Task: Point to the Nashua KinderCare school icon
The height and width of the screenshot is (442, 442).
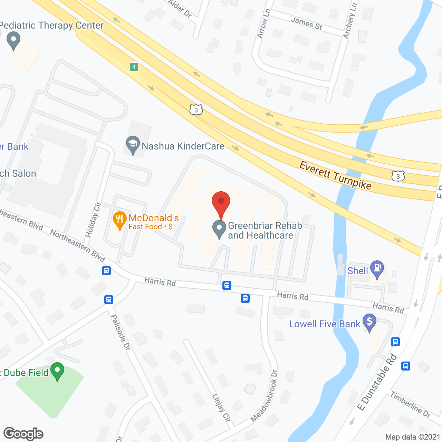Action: (x=133, y=145)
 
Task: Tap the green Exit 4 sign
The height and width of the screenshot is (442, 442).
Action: (x=134, y=67)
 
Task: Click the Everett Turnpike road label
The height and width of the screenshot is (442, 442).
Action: (x=335, y=175)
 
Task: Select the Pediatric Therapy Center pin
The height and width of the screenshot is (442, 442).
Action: (x=13, y=40)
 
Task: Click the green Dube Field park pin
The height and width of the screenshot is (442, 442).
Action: (x=57, y=371)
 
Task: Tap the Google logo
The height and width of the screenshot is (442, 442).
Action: (x=23, y=434)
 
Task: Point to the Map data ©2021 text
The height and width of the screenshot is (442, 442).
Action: (x=413, y=437)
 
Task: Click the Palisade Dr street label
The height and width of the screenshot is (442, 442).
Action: (x=121, y=333)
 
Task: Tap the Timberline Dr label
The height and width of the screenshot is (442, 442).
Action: (x=410, y=404)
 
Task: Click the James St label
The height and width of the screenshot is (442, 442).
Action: (x=306, y=23)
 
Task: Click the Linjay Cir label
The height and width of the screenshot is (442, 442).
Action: (x=221, y=407)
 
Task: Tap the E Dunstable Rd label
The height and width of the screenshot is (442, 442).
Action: (x=377, y=382)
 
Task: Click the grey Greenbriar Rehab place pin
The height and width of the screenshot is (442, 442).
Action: (x=219, y=229)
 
